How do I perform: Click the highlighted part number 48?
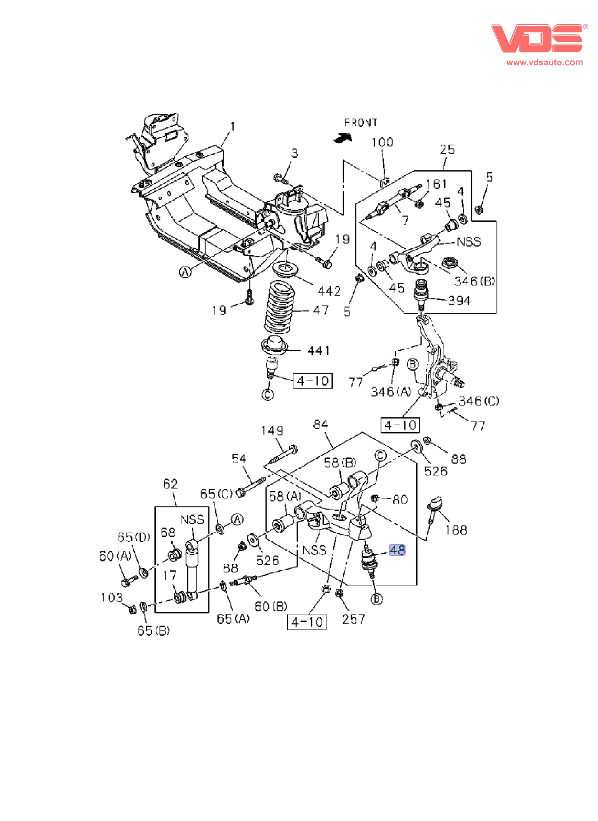coord(397,550)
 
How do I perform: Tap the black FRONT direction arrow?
coord(343,138)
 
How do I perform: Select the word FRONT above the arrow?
coord(361,123)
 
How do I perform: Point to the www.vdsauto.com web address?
coord(544,62)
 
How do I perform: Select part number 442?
coord(329,291)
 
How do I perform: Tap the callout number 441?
coord(319,350)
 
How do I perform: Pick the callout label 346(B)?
coord(475,281)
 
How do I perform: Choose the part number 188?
coord(456,530)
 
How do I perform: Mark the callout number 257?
coord(353,619)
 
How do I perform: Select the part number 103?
coord(112,597)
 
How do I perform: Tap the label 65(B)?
coord(154,630)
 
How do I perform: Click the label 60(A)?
coord(115,556)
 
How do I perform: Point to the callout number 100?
coord(382,142)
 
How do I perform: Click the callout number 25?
coord(447,149)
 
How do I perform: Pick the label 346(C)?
coord(478,401)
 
